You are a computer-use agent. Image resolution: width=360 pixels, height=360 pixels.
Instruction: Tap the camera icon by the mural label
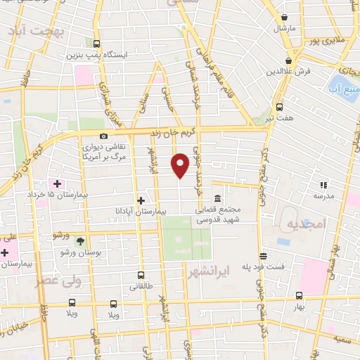(x=103, y=136)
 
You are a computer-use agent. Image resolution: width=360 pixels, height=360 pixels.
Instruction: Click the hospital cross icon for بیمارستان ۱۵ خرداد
(x=57, y=184)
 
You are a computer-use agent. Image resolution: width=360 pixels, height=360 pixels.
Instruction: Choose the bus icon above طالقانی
(x=141, y=275)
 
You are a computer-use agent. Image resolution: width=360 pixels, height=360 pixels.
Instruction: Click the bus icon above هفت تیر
(x=279, y=108)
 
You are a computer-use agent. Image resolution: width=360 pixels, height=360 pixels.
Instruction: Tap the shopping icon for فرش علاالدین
(x=289, y=61)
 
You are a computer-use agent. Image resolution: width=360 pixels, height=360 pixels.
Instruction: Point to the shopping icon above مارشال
(x=284, y=18)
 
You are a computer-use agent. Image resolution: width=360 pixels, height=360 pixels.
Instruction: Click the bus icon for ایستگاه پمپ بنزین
(x=96, y=44)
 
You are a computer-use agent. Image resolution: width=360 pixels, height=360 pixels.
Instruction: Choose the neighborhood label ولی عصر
(x=60, y=281)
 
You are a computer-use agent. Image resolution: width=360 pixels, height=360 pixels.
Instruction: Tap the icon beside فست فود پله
(x=263, y=256)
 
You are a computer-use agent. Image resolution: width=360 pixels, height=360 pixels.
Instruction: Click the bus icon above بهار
(x=300, y=295)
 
